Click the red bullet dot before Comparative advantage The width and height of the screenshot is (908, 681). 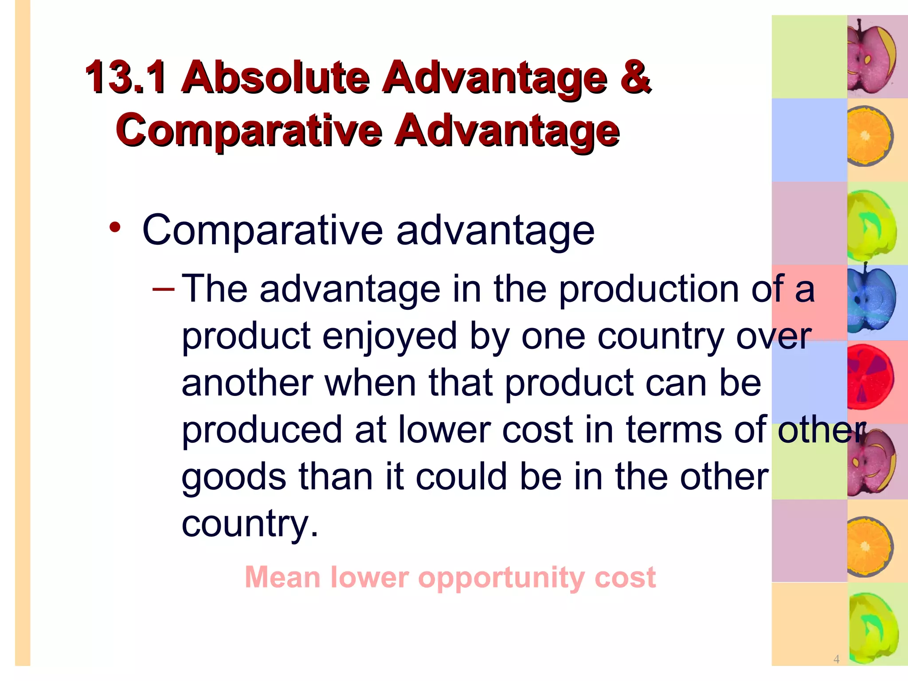coord(115,227)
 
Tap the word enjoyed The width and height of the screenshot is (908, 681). coord(389,337)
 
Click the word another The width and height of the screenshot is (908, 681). coord(247,383)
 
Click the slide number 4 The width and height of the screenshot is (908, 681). coord(836,659)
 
